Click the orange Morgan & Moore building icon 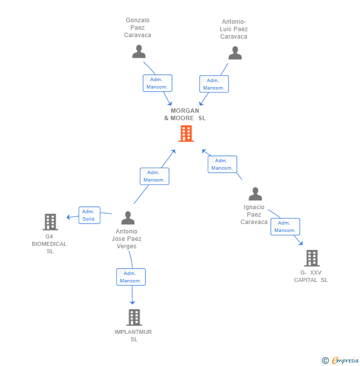[x=186, y=134]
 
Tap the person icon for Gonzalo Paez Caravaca [x=139, y=51]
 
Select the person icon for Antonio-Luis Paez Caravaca [x=235, y=53]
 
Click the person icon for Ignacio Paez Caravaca [x=255, y=194]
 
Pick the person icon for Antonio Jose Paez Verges [x=128, y=218]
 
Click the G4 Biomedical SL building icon [x=50, y=222]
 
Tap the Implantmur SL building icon [x=134, y=317]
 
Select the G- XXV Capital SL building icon [x=312, y=258]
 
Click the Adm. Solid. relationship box [x=89, y=215]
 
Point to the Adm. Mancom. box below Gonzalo [x=158, y=83]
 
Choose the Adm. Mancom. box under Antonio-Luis [x=214, y=84]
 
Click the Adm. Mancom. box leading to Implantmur [x=131, y=277]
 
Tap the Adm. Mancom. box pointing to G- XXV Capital [x=285, y=227]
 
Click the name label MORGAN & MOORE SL [x=185, y=114]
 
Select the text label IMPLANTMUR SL [x=134, y=335]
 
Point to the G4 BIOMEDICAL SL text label [x=49, y=244]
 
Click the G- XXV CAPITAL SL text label [x=311, y=276]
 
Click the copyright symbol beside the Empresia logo [x=325, y=361]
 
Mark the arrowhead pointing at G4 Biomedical [x=69, y=217]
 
